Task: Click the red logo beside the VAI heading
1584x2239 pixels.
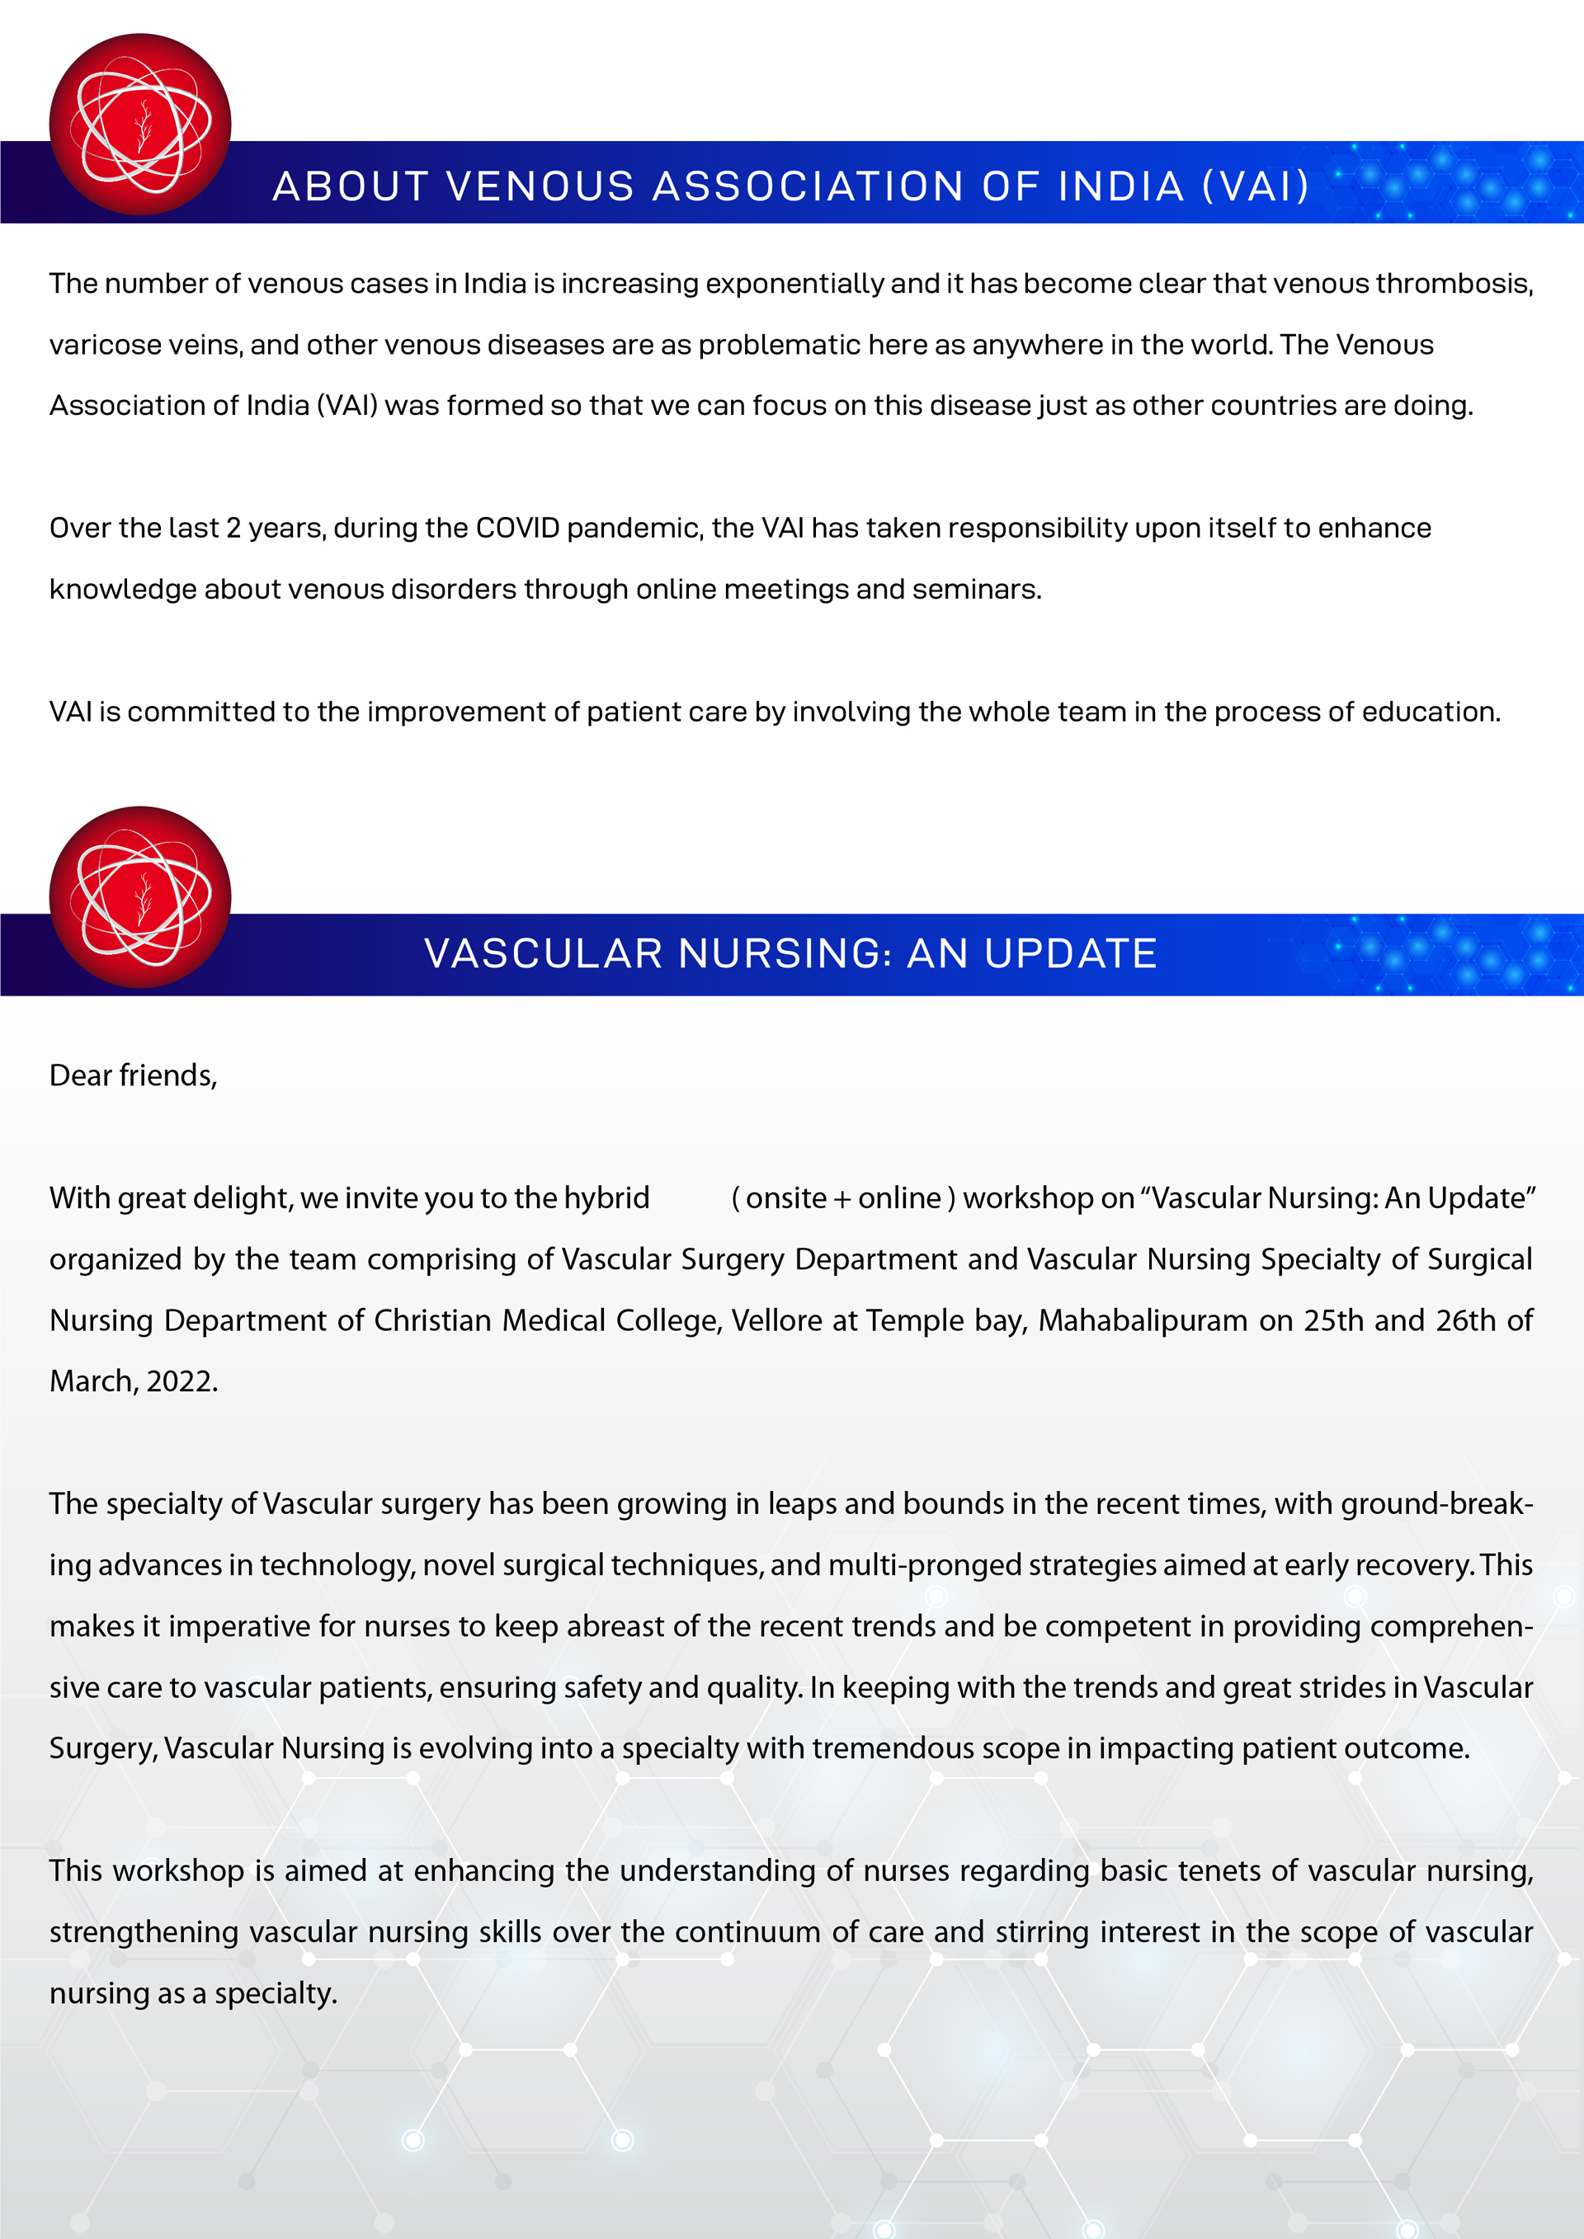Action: [140, 124]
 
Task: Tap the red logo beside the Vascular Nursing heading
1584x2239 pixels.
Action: [140, 896]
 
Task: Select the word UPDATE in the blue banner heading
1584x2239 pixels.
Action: [1070, 953]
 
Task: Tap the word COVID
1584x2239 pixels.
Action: [517, 529]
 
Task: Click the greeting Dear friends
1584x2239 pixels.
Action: [133, 1075]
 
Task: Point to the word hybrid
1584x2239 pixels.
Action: [606, 1198]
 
